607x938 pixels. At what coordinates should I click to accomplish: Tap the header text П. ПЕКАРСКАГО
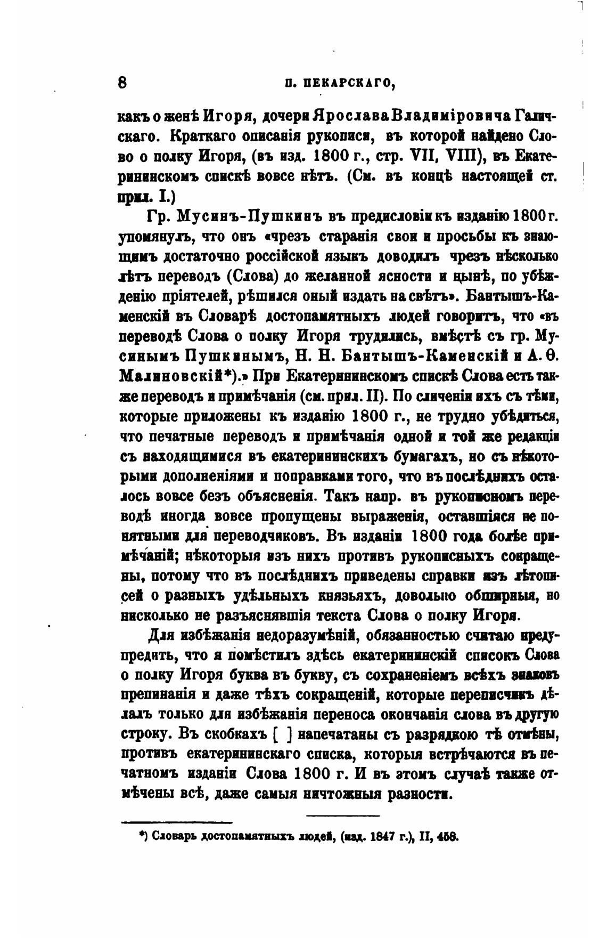(x=340, y=83)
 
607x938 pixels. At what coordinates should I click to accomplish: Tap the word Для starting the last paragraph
(x=161, y=636)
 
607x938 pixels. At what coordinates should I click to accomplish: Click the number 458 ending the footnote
(x=448, y=837)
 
